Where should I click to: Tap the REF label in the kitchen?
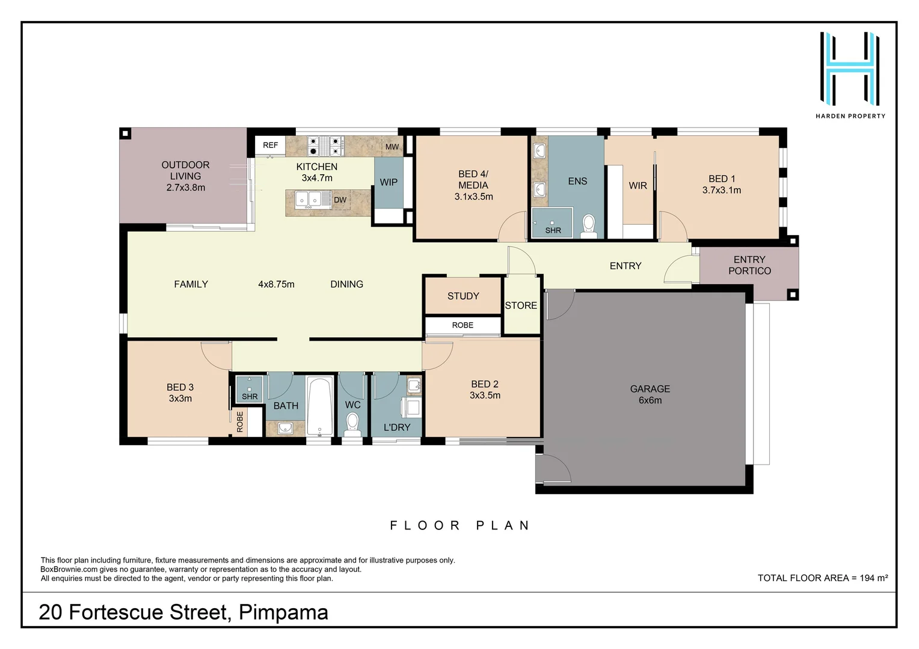(271, 145)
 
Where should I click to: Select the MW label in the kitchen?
(392, 147)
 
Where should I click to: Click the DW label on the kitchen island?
(340, 200)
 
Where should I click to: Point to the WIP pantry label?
(389, 182)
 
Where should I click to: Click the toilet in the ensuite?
(588, 226)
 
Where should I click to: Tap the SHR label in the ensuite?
(553, 231)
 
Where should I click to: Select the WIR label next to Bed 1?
(638, 186)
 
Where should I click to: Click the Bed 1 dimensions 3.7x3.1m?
(721, 190)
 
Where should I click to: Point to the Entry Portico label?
(749, 265)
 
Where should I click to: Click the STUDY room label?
(463, 296)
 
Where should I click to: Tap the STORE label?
(521, 306)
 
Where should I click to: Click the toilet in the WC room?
(353, 424)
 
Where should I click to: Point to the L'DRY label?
(397, 427)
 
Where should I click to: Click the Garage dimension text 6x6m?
(650, 400)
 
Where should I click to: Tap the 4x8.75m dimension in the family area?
(276, 284)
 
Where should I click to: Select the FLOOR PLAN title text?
(460, 526)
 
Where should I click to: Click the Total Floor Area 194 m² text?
(822, 578)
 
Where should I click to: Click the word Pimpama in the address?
(283, 612)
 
